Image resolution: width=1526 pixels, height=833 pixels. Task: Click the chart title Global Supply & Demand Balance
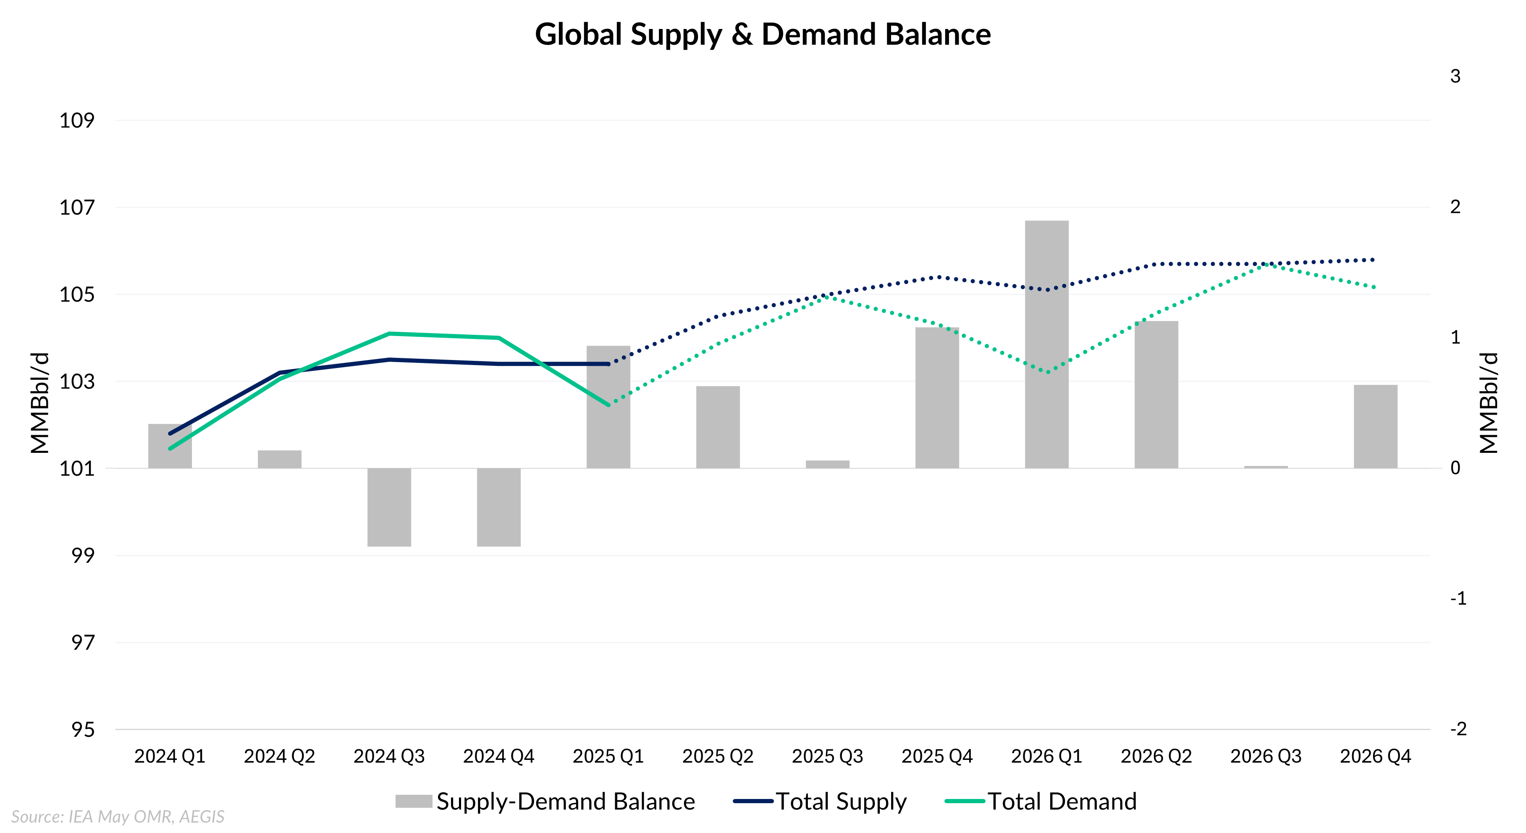763,34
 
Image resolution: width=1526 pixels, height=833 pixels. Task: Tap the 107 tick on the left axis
77,208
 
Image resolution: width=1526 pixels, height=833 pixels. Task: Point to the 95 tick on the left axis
83,729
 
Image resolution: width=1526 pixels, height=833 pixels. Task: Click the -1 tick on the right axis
1458,598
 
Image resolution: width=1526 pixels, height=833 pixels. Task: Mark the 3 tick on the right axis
1455,76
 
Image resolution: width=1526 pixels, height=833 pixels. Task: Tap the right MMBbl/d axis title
1488,403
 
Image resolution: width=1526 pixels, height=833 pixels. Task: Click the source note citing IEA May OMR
117,817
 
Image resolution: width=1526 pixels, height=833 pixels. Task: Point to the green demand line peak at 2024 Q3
389,334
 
